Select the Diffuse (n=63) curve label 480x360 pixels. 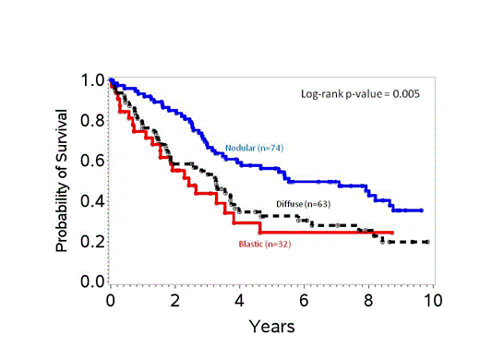(x=303, y=203)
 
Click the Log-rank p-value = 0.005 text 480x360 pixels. (x=362, y=93)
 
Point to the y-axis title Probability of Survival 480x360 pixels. (x=63, y=181)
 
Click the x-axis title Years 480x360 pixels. (x=271, y=326)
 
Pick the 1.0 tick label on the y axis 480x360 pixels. (x=91, y=80)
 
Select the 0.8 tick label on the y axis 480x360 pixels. (x=91, y=120)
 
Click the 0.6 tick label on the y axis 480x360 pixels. (x=91, y=161)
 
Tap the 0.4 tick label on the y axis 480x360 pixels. (x=91, y=201)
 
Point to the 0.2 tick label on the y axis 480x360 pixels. (x=91, y=242)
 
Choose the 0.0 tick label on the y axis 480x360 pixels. (x=91, y=282)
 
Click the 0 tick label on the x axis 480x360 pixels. (x=110, y=300)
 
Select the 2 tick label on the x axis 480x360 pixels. (x=174, y=300)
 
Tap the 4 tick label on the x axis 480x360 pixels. (x=239, y=300)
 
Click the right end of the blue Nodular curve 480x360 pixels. (x=422, y=210)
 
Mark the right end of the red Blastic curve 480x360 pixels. (x=393, y=233)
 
